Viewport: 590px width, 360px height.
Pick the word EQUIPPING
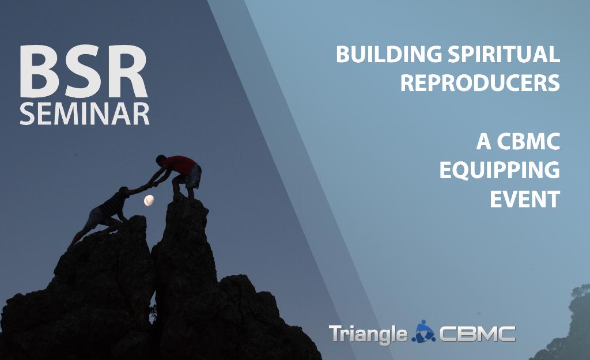point(500,170)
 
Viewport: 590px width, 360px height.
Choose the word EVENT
point(525,199)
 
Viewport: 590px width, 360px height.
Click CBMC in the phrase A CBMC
point(530,142)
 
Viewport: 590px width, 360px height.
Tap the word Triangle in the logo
point(368,334)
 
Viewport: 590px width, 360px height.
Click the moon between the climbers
point(149,200)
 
